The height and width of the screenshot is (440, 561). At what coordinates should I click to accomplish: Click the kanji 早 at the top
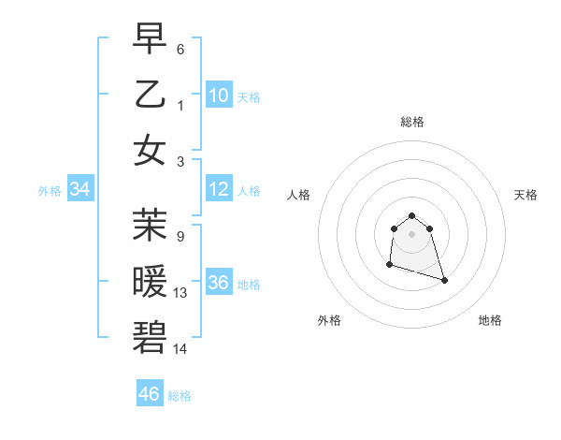pos(150,38)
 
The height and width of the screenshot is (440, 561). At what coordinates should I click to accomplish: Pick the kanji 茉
pos(150,226)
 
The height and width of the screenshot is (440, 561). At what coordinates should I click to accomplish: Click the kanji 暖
pos(150,282)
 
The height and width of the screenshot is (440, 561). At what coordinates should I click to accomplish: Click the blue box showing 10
pos(219,95)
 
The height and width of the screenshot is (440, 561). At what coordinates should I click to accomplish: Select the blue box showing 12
pos(219,190)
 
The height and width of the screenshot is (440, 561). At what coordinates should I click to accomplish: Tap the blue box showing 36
pos(219,284)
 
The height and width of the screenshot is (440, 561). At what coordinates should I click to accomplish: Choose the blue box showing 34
pos(80,190)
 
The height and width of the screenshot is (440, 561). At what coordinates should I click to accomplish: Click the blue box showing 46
pos(150,394)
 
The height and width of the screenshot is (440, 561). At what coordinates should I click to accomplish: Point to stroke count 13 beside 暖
pos(180,293)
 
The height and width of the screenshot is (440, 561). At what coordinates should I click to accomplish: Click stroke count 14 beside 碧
pos(180,348)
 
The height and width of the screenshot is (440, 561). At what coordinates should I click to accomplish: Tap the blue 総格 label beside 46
pos(180,396)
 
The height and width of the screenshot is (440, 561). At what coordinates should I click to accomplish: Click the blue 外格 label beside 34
pos(50,191)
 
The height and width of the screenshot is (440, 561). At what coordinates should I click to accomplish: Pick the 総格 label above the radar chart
pos(412,122)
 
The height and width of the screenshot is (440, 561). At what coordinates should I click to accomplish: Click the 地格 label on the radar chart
pos(490,320)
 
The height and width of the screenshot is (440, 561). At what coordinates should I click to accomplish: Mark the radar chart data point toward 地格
pos(444,280)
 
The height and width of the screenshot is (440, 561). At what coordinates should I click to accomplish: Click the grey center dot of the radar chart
pos(412,233)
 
